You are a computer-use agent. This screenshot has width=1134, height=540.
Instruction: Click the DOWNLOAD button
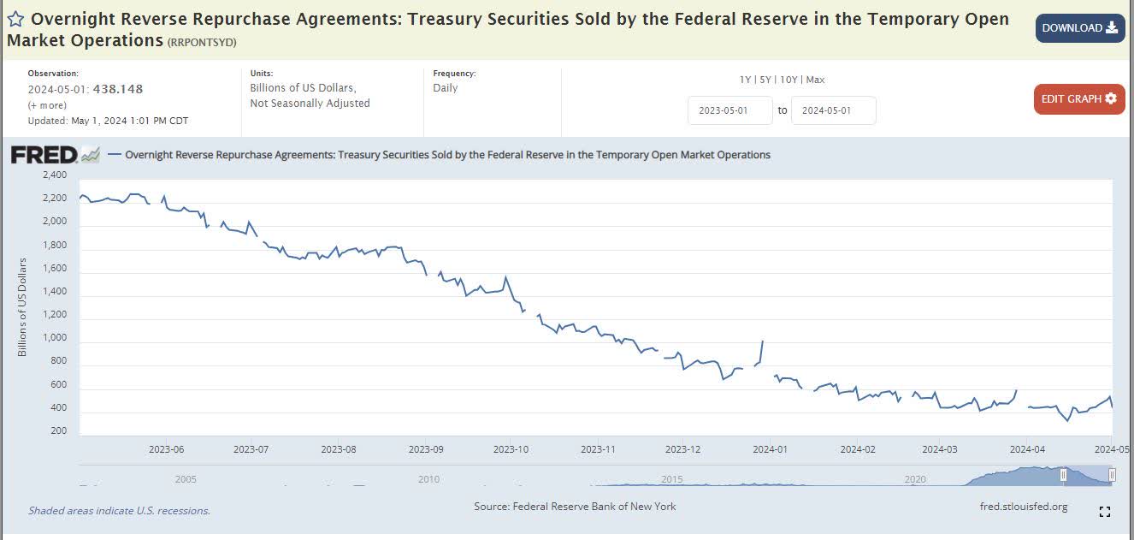tap(1079, 28)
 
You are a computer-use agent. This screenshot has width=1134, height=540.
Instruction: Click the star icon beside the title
tap(15, 20)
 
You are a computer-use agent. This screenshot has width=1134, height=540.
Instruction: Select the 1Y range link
tap(746, 80)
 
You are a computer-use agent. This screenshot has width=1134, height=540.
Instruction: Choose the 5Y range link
tap(765, 80)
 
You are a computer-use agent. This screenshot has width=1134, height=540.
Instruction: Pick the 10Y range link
tap(788, 80)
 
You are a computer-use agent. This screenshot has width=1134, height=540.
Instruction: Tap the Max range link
tap(815, 80)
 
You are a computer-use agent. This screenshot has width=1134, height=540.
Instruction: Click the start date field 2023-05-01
tap(729, 110)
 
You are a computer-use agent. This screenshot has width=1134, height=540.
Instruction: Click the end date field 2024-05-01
tap(833, 110)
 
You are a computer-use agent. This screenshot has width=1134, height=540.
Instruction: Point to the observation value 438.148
tap(119, 89)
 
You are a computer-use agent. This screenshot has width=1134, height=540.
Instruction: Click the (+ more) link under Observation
tap(47, 105)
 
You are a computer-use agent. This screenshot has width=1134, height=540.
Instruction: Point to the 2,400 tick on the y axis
tap(53, 175)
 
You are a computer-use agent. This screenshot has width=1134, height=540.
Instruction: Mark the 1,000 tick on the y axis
tap(53, 338)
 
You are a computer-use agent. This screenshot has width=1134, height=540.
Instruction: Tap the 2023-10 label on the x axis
tap(510, 448)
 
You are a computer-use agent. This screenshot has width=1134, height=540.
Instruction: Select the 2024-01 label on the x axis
tap(770, 448)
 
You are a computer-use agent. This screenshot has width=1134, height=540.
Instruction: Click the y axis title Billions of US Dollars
tap(23, 306)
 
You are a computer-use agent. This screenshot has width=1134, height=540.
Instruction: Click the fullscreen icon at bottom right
tap(1104, 512)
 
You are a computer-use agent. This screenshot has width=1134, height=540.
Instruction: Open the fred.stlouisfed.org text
tap(1023, 507)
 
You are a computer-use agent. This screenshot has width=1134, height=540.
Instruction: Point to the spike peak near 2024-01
tap(762, 341)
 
